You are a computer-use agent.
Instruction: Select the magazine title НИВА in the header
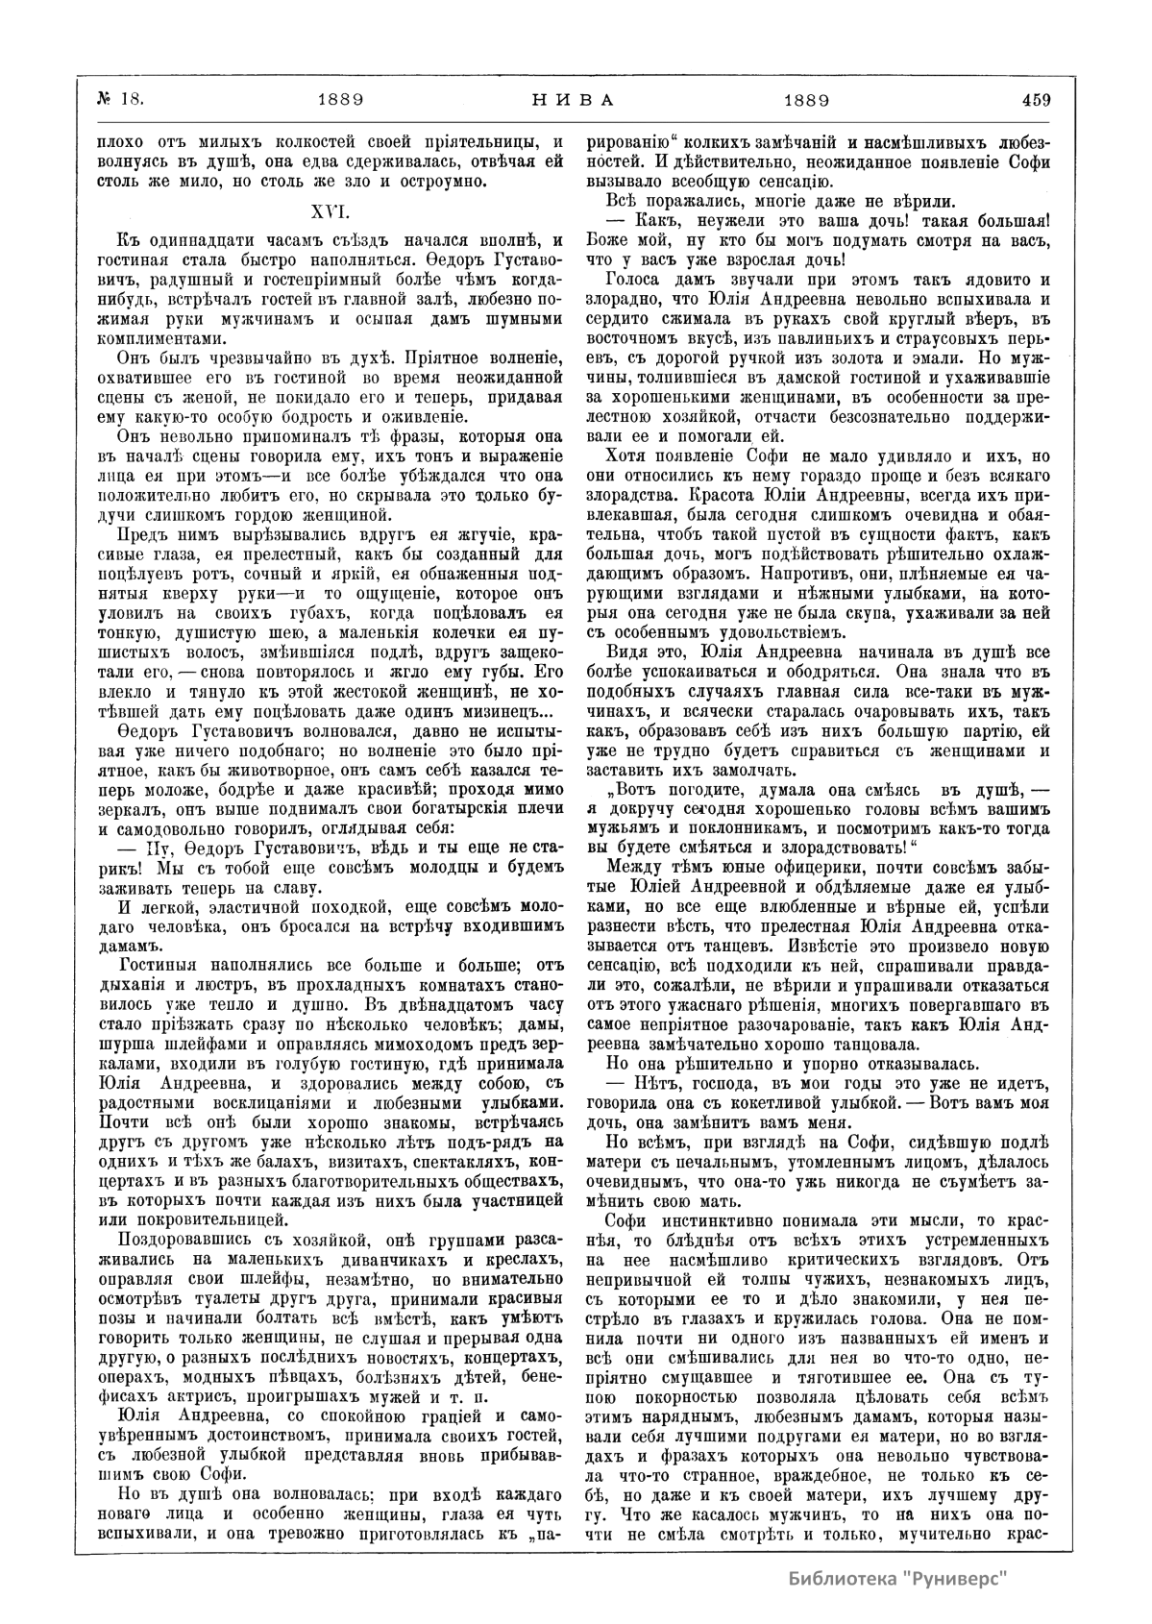(x=574, y=98)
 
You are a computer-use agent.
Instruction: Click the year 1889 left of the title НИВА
(x=338, y=98)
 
